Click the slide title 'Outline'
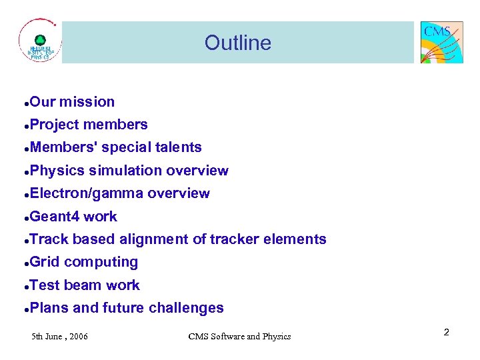[x=238, y=43]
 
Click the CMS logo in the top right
[x=441, y=42]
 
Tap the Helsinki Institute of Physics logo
[x=40, y=42]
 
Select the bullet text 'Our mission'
[x=72, y=102]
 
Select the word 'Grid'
[x=45, y=262]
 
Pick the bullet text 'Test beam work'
[x=85, y=285]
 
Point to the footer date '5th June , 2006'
[x=60, y=336]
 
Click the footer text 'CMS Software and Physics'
[x=239, y=336]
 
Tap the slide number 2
[x=447, y=331]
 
